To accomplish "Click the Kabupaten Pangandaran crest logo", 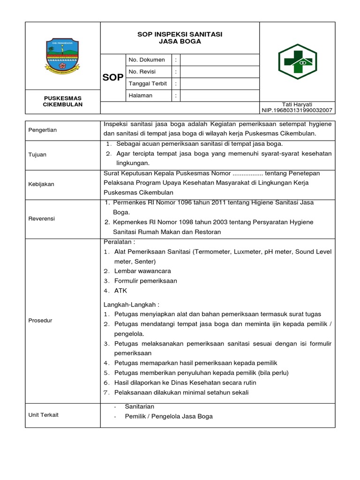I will [63, 56].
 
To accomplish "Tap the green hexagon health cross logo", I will [298, 61].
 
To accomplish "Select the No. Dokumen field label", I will [146, 60].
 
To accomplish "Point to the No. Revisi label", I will [142, 72].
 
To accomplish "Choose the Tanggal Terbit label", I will [148, 83].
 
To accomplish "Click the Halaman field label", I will [141, 95].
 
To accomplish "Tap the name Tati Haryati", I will [297, 104].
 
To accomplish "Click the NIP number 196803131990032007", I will [297, 110].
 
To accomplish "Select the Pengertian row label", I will [43, 130].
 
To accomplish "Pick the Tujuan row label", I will [37, 154].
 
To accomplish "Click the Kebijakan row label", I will [41, 184].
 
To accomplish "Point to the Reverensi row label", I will [42, 218].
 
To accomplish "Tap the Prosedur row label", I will [40, 320].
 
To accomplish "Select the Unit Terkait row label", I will [44, 415].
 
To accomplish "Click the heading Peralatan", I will [119, 242].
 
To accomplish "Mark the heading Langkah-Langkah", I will [131, 304].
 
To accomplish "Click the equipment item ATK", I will [120, 291].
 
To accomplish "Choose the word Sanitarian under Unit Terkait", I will [139, 406].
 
